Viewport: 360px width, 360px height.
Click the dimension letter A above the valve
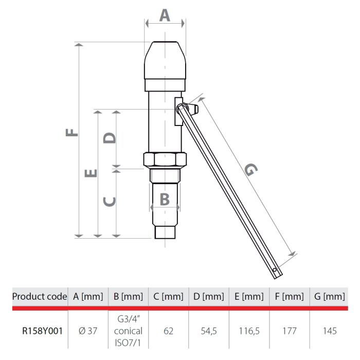(164, 15)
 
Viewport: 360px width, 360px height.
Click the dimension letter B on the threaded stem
(164, 199)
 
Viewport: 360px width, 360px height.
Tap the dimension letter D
(109, 138)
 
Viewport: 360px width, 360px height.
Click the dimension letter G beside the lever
(250, 170)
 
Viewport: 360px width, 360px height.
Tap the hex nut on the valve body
(164, 160)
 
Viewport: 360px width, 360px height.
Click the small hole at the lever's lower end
(276, 269)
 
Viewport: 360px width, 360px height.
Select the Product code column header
(40, 297)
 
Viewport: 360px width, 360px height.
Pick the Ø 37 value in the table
(88, 331)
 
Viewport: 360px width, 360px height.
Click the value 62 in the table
(168, 331)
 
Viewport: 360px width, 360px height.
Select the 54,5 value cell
(209, 331)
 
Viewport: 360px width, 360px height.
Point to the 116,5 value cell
(249, 331)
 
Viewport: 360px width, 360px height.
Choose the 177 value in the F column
(289, 331)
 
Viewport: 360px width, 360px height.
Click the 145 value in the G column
(329, 331)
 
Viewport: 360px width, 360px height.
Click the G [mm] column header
(329, 297)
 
